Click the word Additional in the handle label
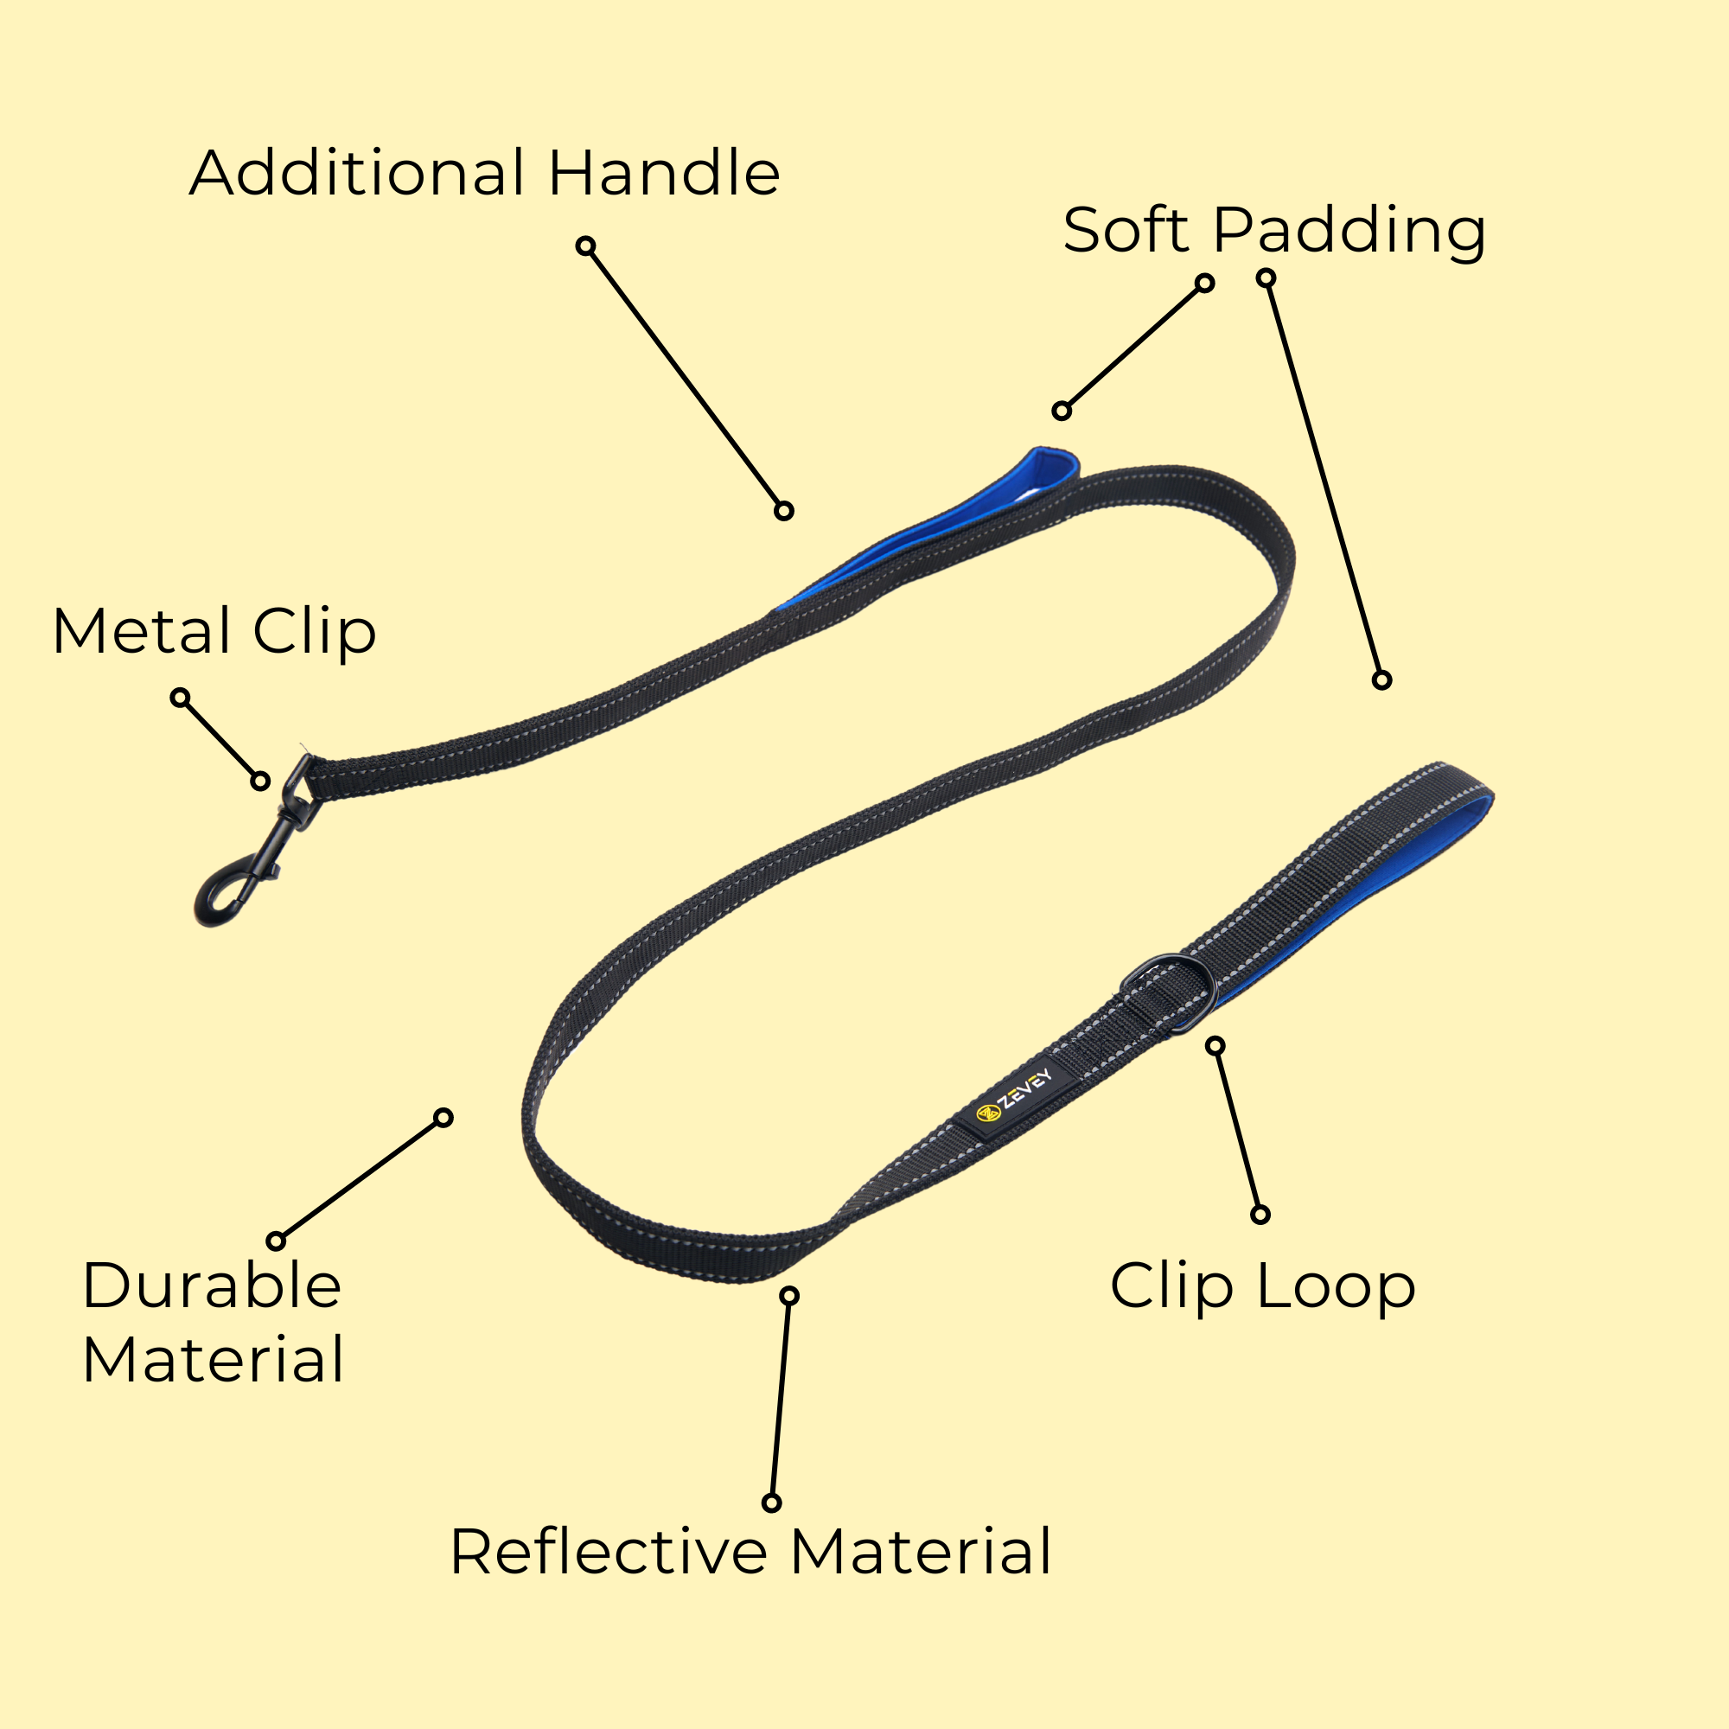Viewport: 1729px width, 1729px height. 356,173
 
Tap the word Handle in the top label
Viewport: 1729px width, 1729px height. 663,173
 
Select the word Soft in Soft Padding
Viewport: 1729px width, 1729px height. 1125,231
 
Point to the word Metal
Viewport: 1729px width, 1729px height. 143,632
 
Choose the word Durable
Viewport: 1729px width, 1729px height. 212,1286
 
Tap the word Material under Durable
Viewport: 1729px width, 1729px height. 213,1359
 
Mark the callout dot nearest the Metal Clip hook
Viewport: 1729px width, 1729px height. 260,782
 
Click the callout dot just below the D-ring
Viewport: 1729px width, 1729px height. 1215,1045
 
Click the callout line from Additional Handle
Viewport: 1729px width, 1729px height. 685,379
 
